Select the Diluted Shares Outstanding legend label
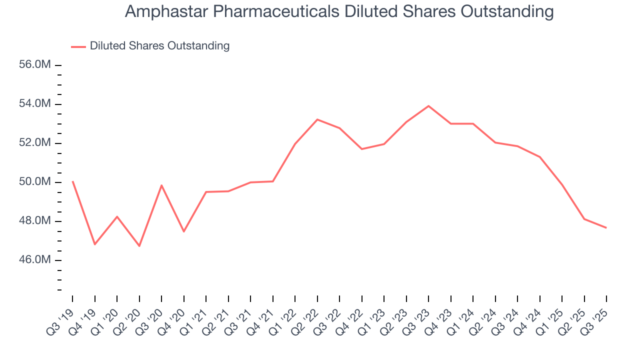[159, 46]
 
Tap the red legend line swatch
[78, 46]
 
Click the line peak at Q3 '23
[428, 106]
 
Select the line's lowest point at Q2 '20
[139, 246]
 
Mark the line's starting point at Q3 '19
[72, 181]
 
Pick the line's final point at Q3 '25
[606, 228]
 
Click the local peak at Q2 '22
[317, 119]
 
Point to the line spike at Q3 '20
[161, 185]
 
